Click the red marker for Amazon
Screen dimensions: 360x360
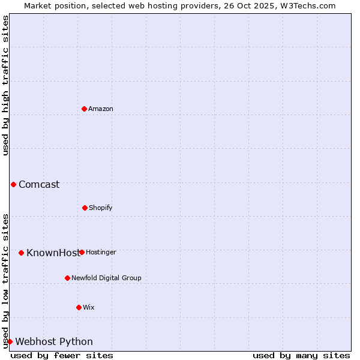[x=85, y=109]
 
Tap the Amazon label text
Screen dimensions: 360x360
[x=101, y=109]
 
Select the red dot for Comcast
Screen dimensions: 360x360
[x=13, y=184]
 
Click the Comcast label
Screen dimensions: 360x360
[x=39, y=185]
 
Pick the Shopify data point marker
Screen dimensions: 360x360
[x=85, y=208]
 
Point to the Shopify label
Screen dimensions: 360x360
[x=101, y=208]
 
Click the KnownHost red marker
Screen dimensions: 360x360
[x=21, y=253]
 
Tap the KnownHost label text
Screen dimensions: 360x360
[x=52, y=253]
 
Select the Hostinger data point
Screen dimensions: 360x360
[x=82, y=252]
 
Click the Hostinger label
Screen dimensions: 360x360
[x=101, y=253]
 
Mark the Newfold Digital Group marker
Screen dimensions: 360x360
[x=67, y=278]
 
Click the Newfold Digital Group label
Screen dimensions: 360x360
[x=106, y=278]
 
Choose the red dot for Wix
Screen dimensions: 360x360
[x=79, y=307]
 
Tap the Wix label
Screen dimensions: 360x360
[x=89, y=308]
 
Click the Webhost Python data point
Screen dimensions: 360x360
[x=10, y=341]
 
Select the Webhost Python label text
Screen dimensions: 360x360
[x=54, y=342]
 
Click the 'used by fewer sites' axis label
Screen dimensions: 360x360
[x=62, y=355]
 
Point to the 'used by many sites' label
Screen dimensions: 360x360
[x=301, y=355]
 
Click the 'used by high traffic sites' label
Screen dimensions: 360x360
[x=5, y=85]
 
